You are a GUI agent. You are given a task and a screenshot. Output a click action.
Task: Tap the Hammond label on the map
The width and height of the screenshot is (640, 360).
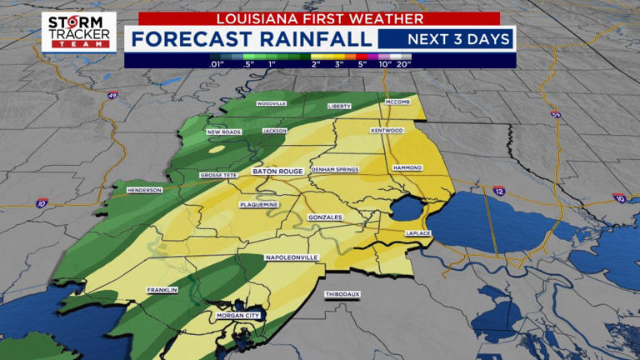pos(407,167)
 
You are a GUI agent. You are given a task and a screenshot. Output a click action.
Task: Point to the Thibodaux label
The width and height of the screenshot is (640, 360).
pos(342,294)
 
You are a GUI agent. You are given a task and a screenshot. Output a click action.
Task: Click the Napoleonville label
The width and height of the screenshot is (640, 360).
pos(292,257)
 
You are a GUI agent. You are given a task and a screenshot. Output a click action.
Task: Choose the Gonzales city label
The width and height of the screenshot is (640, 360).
pos(325,217)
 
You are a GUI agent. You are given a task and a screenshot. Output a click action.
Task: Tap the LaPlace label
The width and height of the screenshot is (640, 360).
pos(417,232)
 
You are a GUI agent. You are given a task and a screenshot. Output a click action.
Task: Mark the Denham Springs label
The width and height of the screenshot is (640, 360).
pos(334,169)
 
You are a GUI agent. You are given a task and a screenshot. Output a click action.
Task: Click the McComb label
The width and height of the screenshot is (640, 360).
pos(398,102)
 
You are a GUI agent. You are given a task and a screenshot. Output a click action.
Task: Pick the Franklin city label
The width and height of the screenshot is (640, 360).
pos(162,290)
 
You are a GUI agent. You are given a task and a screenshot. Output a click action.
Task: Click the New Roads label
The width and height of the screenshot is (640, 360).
pos(223,132)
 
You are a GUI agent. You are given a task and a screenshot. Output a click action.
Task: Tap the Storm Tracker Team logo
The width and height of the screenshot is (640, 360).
pos(79,32)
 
